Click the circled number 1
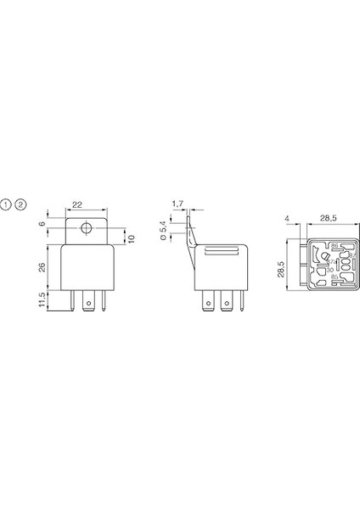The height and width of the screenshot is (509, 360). pos(7,205)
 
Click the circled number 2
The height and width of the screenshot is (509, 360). pos(21,205)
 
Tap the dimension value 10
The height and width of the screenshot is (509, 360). pos(131,238)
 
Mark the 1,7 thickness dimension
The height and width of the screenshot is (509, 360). pos(177,204)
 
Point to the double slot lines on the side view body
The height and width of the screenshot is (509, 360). pos(223,250)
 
